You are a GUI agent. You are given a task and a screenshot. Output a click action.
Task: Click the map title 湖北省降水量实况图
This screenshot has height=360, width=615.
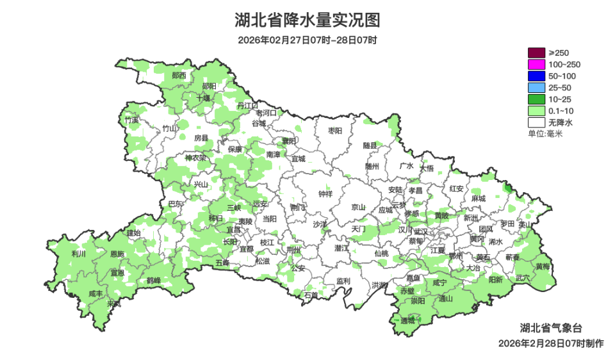click(307, 20)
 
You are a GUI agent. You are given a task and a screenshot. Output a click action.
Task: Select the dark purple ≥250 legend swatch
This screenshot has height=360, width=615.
click(536, 53)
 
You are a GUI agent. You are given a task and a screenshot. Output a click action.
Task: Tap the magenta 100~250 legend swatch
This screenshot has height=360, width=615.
click(536, 64)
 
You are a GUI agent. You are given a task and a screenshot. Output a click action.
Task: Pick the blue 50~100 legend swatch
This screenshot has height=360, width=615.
click(536, 76)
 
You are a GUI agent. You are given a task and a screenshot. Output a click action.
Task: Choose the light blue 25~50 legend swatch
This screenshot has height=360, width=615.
click(536, 87)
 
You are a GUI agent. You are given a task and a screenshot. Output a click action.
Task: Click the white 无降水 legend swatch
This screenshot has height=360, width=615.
click(536, 122)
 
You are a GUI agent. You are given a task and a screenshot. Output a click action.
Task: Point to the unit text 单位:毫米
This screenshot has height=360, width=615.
click(545, 133)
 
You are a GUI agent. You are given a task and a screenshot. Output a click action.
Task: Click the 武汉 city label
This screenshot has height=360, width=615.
click(420, 231)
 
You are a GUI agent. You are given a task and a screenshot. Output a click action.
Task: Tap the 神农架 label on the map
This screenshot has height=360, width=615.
click(195, 158)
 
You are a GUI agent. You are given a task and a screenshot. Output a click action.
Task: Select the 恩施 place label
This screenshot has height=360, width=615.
click(117, 254)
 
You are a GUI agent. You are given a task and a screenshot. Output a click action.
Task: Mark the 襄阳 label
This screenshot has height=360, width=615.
click(289, 141)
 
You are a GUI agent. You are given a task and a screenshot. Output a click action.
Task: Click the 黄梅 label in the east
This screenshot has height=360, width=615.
click(543, 266)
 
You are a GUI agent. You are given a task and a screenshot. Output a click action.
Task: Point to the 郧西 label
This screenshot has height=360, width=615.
click(179, 76)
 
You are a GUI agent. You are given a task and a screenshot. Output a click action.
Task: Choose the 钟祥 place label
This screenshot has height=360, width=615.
click(325, 193)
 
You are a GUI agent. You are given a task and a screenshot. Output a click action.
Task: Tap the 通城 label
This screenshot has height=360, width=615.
click(407, 320)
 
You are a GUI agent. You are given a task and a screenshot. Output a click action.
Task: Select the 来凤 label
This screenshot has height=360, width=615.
click(114, 304)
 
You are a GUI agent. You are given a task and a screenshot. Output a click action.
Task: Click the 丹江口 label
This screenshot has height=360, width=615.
click(247, 104)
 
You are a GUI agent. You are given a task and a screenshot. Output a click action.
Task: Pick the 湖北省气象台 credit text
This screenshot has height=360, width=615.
click(551, 328)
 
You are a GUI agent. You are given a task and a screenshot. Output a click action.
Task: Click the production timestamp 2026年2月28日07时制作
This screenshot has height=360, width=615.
click(551, 343)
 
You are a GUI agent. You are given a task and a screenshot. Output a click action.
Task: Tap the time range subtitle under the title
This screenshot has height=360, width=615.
click(307, 40)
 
